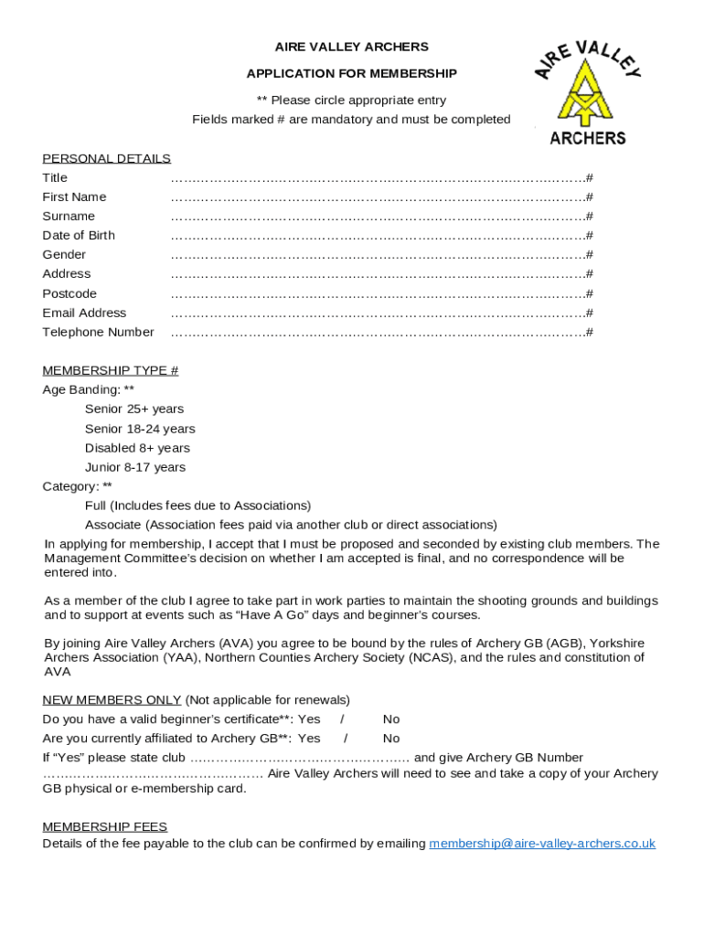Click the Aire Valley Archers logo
pos(587,92)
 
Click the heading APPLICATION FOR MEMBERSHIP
pos(351,73)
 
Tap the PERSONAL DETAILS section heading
pos(106,158)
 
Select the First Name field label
pos(74,197)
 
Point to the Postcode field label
pos(69,293)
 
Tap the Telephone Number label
pos(98,332)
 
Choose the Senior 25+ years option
pos(134,409)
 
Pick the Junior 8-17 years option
pos(135,467)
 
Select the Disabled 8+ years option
pos(137,448)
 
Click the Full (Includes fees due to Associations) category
pos(197,505)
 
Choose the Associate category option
pos(291,525)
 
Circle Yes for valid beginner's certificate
pos(309,719)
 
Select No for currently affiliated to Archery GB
pos(391,739)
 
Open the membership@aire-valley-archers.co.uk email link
pos(542,844)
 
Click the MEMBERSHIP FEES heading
pos(104,826)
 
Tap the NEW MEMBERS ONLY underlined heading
pos(112,700)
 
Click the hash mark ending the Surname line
pos(590,217)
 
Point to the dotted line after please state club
pos(299,758)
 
